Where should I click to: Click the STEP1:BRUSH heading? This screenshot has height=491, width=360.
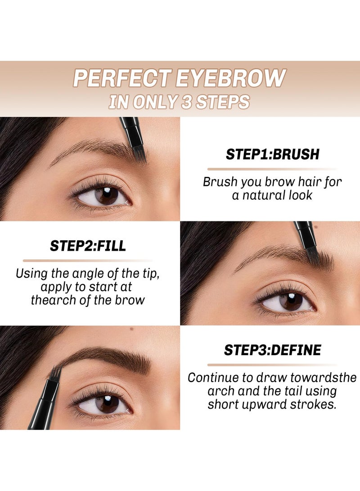point(272,154)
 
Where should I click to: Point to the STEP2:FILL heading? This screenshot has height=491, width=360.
point(88,246)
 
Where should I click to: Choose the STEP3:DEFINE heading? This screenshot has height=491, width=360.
point(272,350)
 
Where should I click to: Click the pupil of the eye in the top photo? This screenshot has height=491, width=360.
point(107,195)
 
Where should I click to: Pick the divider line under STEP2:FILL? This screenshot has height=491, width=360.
point(88,261)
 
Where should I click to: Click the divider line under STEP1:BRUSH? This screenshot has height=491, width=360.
point(272,169)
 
